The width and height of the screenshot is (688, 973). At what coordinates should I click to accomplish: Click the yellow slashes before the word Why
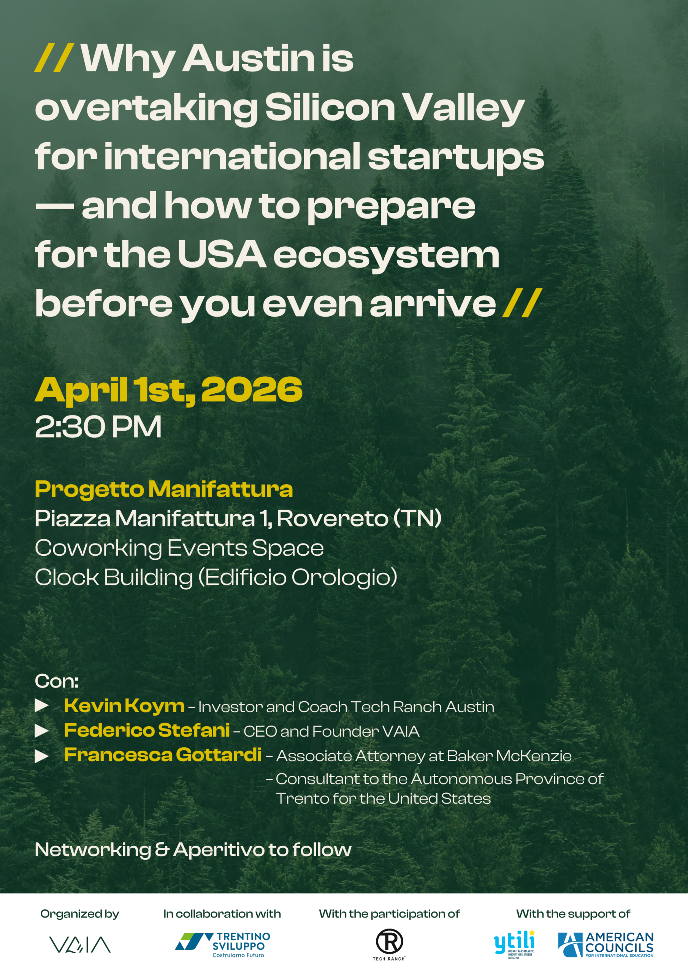coord(54,58)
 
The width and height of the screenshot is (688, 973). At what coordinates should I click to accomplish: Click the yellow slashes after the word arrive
coord(522,303)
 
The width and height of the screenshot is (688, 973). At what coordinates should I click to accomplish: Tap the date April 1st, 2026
coord(169,390)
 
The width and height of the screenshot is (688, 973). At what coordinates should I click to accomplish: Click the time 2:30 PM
coord(98,427)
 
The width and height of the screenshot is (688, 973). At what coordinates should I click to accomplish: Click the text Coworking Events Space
coord(179,548)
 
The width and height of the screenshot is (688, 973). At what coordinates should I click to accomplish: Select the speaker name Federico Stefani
coord(147,730)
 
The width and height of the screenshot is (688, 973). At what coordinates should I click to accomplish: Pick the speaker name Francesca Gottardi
coord(163,755)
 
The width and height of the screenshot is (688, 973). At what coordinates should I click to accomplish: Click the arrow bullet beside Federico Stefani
coord(41,731)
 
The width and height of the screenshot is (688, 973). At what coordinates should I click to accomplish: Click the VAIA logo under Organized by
coord(80,944)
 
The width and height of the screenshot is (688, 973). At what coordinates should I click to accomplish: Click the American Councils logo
coord(606,944)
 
